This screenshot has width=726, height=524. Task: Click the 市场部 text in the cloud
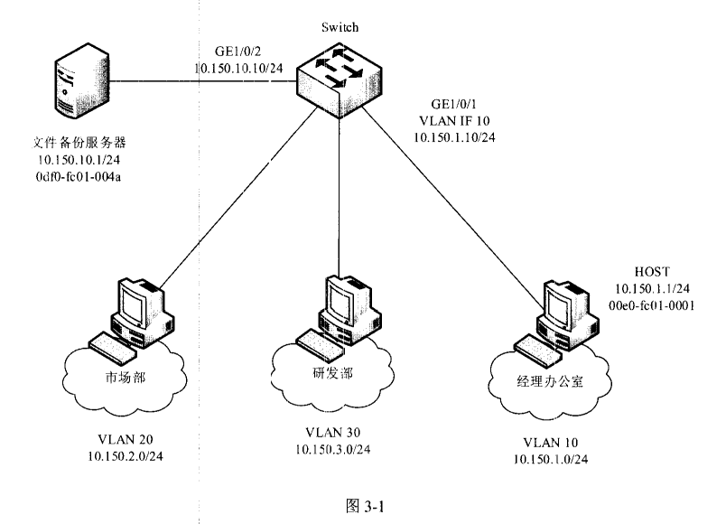pos(121,377)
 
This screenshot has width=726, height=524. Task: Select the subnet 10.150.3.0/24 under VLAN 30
pos(335,449)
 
